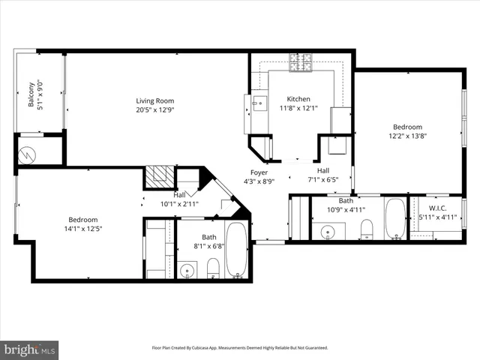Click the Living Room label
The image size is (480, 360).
[155, 100]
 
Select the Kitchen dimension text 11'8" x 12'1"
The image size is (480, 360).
[298, 108]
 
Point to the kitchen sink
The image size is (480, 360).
[259, 103]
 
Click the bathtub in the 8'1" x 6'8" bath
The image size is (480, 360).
[237, 251]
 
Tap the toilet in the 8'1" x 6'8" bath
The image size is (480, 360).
[212, 267]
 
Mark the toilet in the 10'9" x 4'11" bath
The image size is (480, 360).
[366, 227]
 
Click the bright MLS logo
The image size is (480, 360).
[30, 349]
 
